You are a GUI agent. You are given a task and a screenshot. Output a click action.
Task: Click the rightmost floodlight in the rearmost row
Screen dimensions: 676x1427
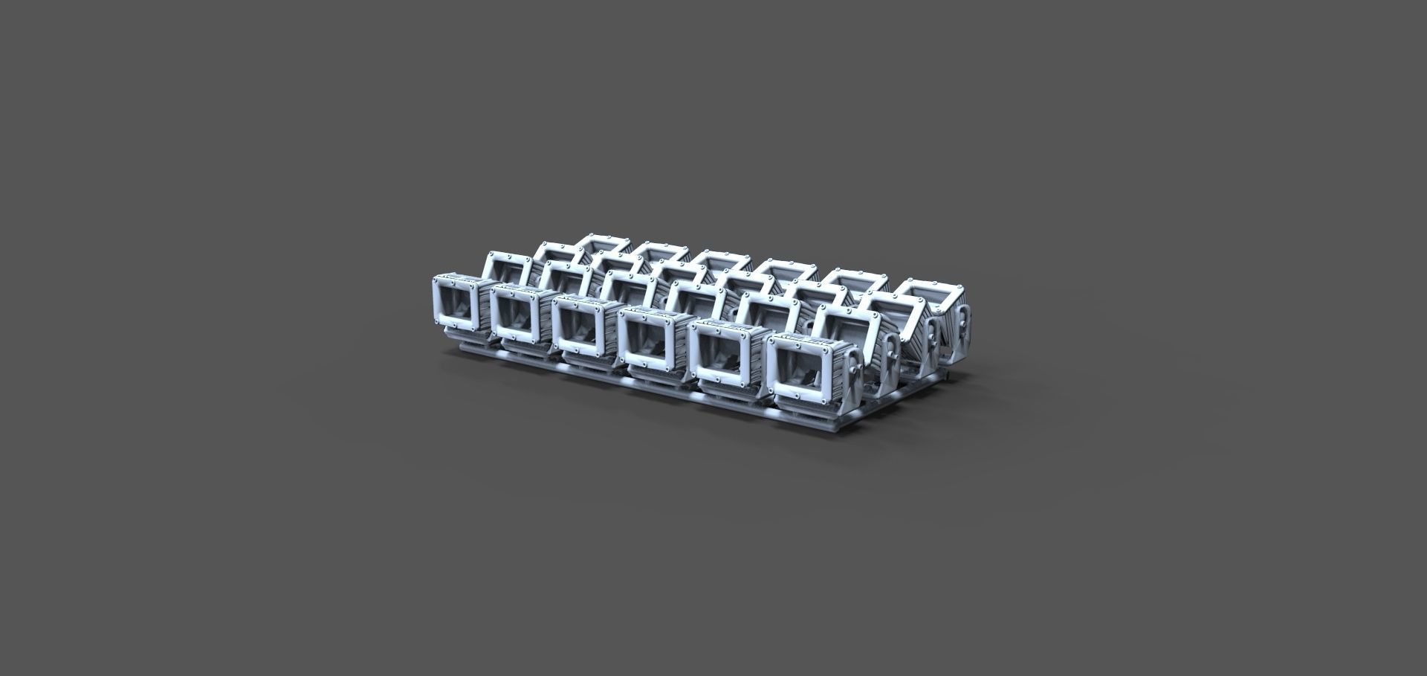point(933,297)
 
